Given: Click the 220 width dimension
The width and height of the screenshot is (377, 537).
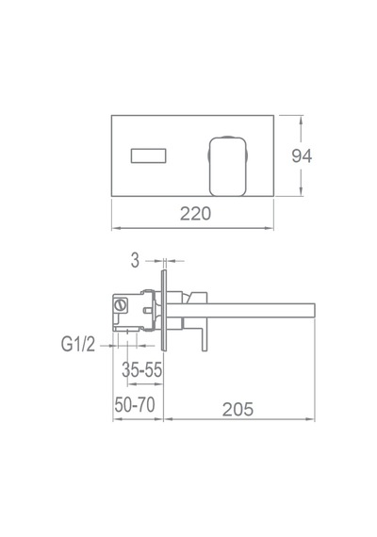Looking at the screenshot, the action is [195, 214].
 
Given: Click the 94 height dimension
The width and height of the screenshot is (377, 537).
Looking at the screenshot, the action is [302, 155].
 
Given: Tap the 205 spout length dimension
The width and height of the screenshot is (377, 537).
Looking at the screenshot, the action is [238, 409].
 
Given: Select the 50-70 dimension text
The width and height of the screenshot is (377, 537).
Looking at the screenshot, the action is [135, 404].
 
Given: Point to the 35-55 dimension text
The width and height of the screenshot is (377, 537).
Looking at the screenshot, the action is [142, 370].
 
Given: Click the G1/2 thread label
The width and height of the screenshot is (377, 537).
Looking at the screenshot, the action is [78, 344].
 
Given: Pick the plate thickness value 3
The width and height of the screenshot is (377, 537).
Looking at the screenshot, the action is [136, 261].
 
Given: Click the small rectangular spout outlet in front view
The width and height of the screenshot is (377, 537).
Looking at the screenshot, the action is [148, 155].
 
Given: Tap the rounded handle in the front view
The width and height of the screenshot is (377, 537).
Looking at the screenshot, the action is [228, 167].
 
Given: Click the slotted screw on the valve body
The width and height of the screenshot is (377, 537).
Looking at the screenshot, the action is [120, 304].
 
